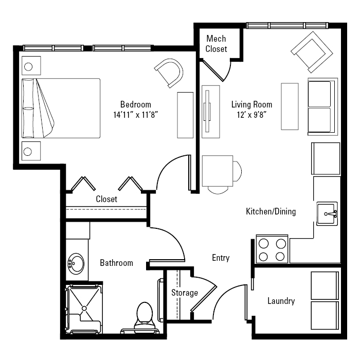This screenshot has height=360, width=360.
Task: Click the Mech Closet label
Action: (x=216, y=44)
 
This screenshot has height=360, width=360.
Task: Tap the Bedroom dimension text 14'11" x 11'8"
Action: (x=136, y=115)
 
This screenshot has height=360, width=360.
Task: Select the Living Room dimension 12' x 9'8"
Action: (x=251, y=115)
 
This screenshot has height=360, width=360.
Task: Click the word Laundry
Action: (x=281, y=301)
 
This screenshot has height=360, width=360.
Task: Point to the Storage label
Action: (x=185, y=293)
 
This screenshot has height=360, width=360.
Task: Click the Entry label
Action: (x=221, y=258)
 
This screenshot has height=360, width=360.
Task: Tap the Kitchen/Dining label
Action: (x=271, y=211)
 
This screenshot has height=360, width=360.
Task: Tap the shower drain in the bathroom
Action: (x=84, y=309)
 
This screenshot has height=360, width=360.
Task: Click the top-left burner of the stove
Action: (x=263, y=244)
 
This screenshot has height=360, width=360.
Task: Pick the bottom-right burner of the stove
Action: (x=280, y=257)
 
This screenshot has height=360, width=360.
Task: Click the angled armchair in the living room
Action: (x=312, y=52)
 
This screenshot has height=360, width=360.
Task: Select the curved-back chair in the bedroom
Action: (x=169, y=73)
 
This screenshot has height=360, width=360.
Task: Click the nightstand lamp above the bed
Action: (x=28, y=67)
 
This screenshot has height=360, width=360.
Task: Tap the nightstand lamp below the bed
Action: (x=28, y=152)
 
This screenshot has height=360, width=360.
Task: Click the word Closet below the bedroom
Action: (x=106, y=199)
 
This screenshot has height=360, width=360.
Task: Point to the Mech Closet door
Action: (x=212, y=70)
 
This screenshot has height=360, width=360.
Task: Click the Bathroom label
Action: (x=116, y=263)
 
